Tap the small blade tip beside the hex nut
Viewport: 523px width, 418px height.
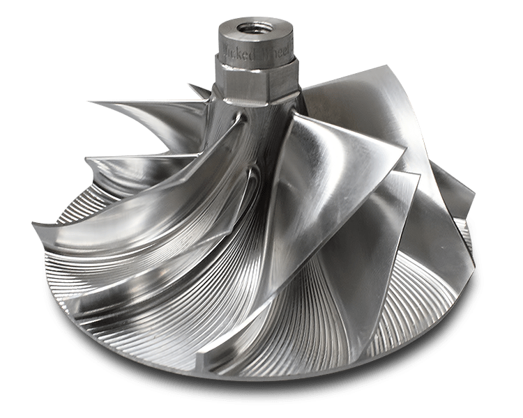(190, 87)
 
